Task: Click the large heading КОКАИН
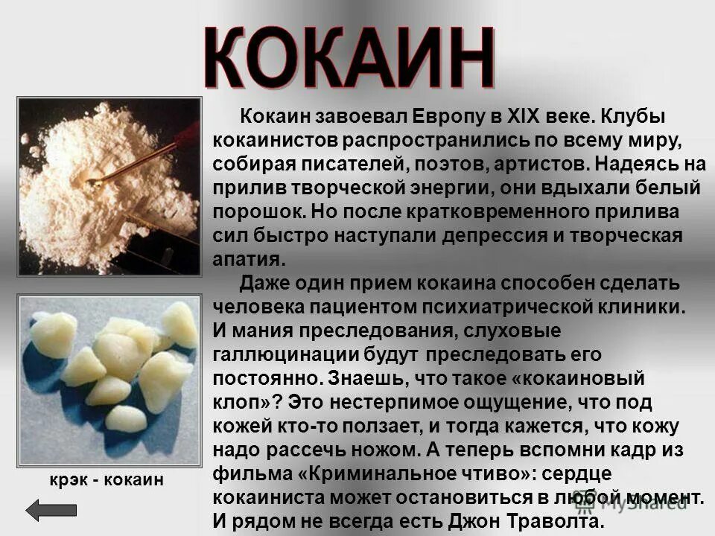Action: point(349,58)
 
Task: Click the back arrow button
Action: point(51,510)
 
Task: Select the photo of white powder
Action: point(109,186)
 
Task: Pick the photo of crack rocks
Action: point(109,380)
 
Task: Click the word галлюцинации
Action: point(279,354)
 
